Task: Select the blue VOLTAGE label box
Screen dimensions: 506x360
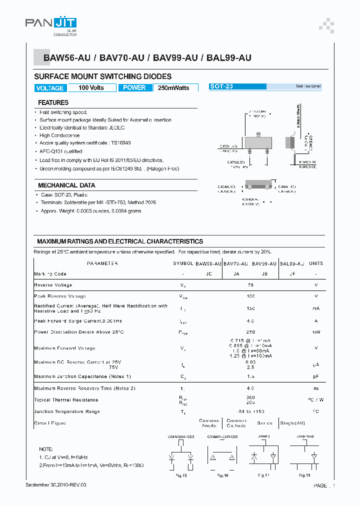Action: point(50,88)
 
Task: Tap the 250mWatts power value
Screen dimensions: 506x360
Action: point(173,88)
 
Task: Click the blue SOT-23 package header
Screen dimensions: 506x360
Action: point(237,86)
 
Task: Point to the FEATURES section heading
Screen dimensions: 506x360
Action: point(53,102)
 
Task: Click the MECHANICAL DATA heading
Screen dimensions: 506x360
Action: point(66,185)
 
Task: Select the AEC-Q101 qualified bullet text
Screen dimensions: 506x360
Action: point(61,151)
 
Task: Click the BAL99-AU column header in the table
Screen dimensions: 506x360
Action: point(291,263)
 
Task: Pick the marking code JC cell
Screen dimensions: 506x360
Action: point(208,274)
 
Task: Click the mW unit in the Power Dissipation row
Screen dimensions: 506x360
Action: point(315,332)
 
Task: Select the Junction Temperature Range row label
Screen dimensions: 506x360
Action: point(67,411)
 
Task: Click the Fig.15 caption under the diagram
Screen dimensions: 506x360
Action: point(181,475)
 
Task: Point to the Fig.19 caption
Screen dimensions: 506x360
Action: point(304,475)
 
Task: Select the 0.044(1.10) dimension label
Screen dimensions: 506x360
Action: point(287,186)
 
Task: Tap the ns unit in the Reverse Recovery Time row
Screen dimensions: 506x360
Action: point(315,388)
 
